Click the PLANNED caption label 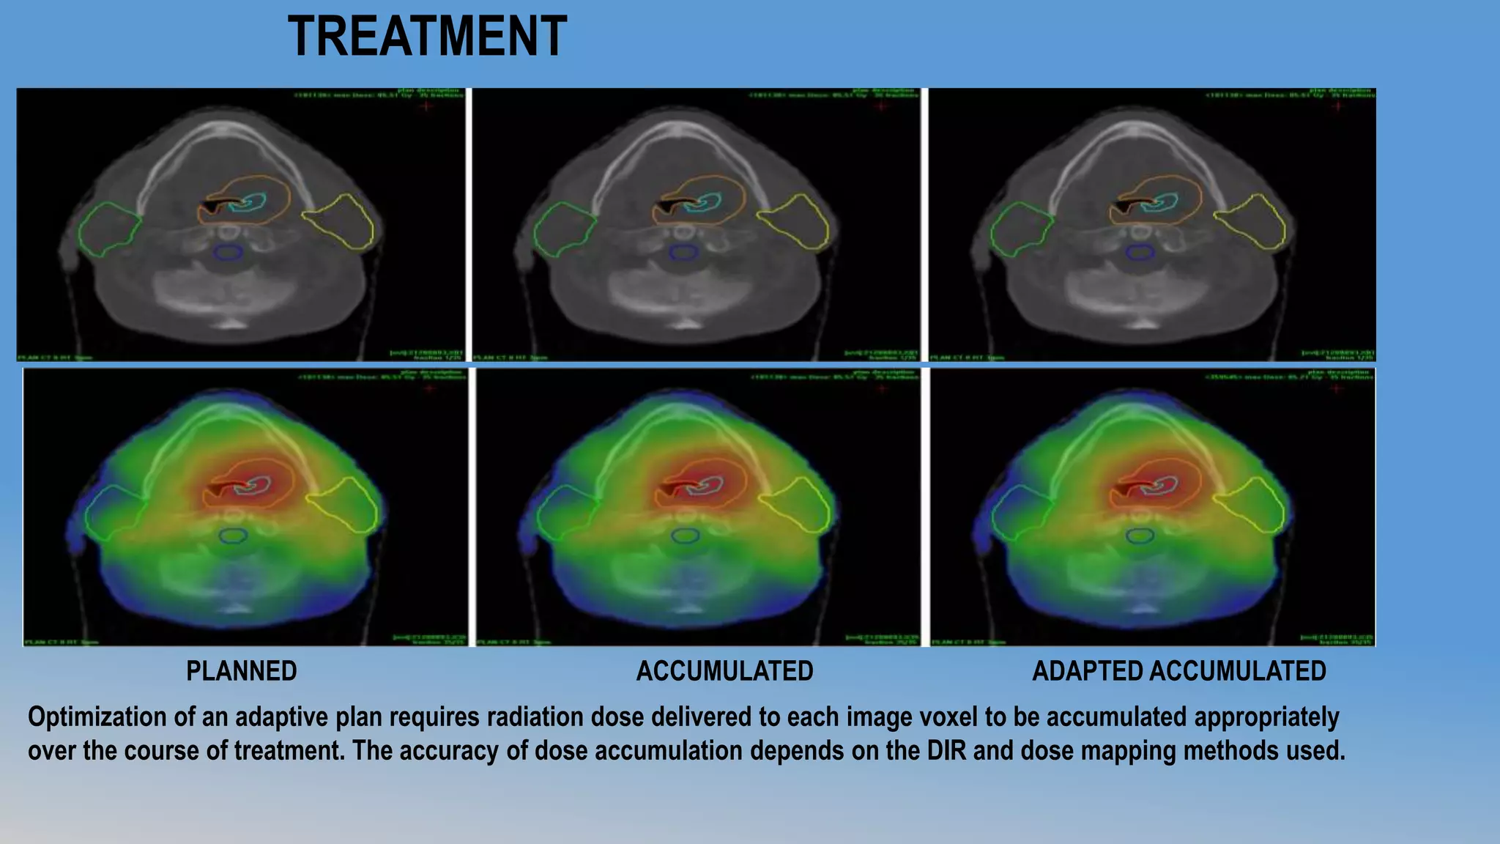coord(242,671)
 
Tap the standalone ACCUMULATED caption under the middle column coord(724,671)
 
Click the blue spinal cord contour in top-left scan coord(229,253)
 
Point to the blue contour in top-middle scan coord(683,253)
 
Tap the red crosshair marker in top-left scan coord(426,106)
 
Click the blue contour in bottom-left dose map coord(232,536)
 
